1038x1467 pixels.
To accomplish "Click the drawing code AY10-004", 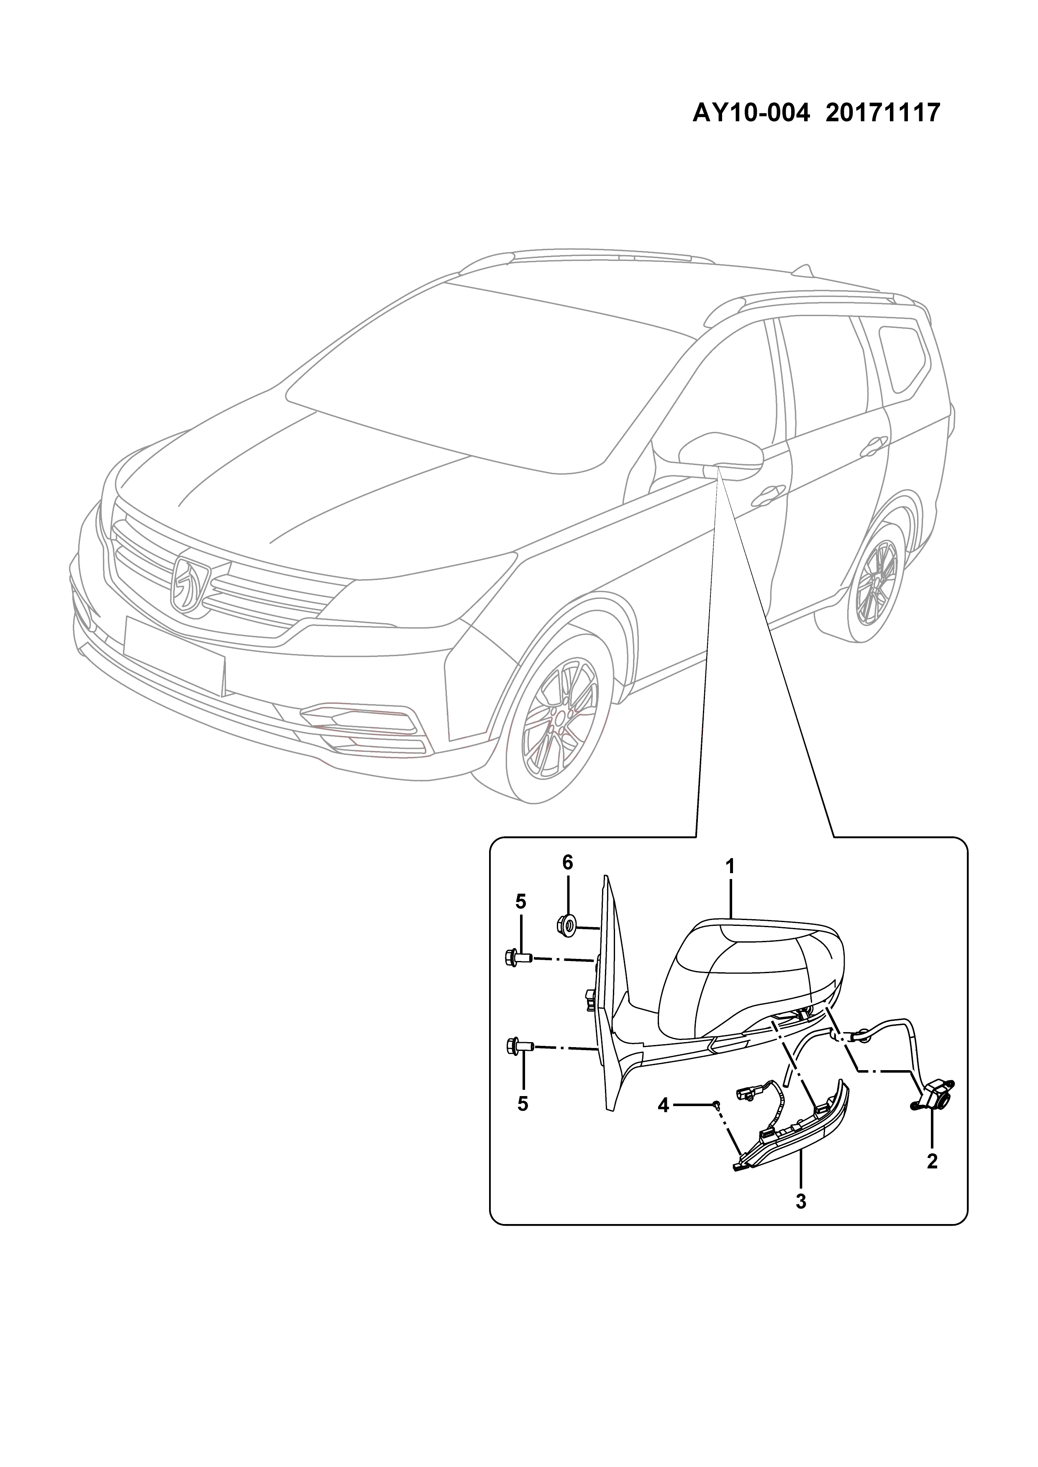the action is pyautogui.click(x=752, y=113).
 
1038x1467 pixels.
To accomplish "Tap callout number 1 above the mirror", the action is pyautogui.click(x=729, y=867).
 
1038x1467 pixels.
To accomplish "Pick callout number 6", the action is pyautogui.click(x=568, y=863).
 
